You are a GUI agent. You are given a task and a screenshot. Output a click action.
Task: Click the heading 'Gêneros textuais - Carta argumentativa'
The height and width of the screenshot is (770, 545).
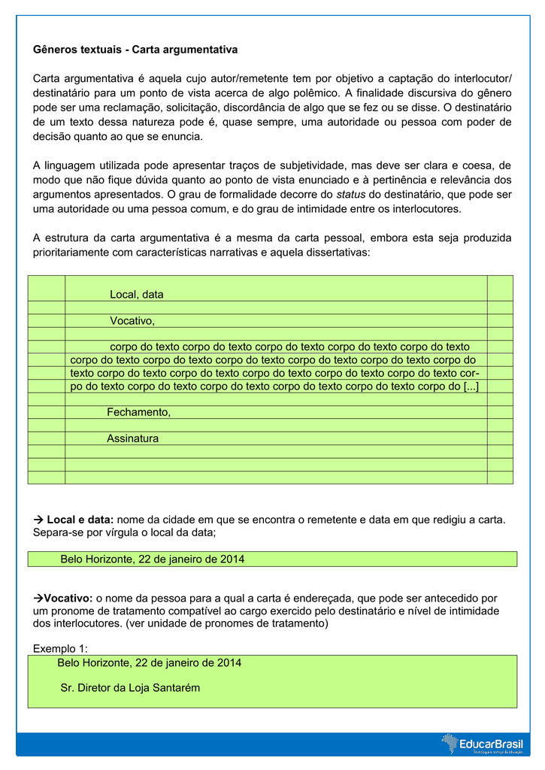(135, 50)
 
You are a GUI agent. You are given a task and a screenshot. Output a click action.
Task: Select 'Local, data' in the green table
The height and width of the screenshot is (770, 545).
(137, 294)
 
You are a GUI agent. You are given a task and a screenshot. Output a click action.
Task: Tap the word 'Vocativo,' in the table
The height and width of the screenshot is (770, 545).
(132, 321)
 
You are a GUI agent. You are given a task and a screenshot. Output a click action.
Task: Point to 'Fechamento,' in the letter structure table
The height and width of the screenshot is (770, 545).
(139, 412)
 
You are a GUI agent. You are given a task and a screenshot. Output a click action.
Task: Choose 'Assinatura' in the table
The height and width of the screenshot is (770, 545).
(133, 438)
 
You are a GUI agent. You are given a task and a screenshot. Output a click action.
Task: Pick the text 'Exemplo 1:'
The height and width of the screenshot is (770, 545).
(61, 648)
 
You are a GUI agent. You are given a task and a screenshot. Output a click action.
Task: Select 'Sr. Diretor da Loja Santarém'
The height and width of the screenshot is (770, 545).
(130, 687)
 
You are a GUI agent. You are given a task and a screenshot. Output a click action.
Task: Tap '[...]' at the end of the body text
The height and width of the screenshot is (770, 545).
(471, 386)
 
